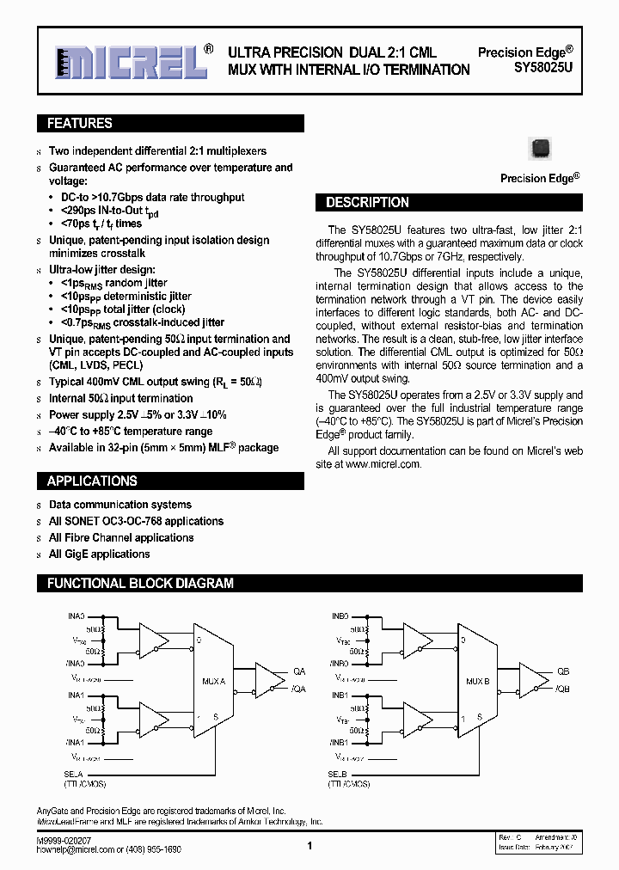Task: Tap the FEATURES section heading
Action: tap(79, 124)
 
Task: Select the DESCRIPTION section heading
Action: tap(367, 203)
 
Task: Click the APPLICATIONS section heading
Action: tap(92, 481)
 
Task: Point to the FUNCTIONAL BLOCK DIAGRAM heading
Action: tap(140, 584)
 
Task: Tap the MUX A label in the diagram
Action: tap(213, 681)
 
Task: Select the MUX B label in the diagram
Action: tap(478, 681)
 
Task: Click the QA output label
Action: tap(299, 671)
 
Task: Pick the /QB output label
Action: tap(562, 689)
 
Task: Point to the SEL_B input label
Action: tap(338, 775)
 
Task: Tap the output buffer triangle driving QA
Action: tap(274, 680)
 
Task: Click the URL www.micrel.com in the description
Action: tap(383, 464)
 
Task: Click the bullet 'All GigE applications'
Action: tap(99, 554)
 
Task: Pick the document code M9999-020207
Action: tap(66, 839)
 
